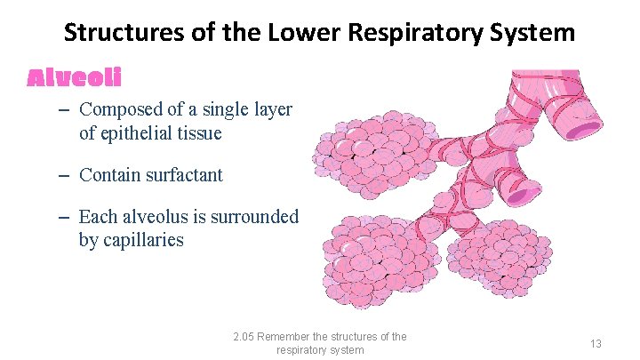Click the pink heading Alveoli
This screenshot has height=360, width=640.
coord(74,78)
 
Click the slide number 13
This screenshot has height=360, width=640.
coord(595,343)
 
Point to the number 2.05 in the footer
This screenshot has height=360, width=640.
coord(243,337)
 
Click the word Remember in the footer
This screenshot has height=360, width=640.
coord(289,337)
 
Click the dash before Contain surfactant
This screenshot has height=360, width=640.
coord(68,175)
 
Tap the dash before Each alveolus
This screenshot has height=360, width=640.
coord(68,217)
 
